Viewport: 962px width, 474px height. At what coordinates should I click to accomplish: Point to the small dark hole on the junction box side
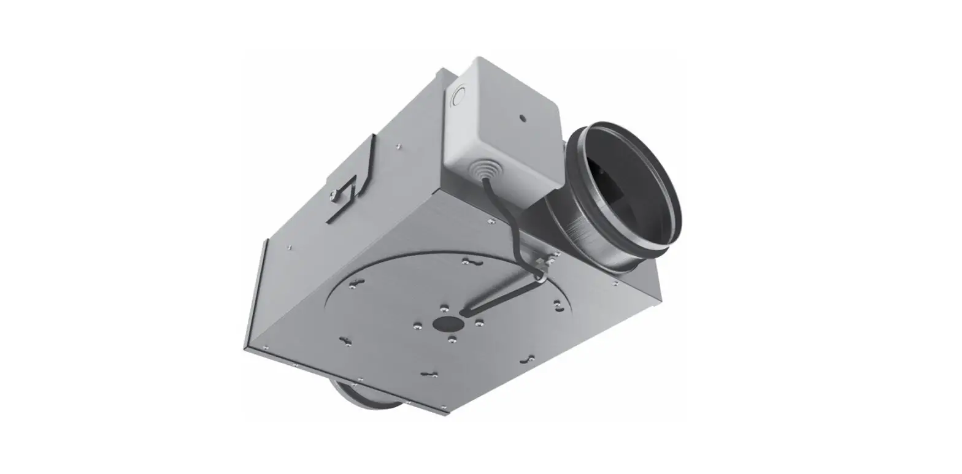(x=523, y=117)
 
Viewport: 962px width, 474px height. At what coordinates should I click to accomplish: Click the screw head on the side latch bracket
(x=334, y=195)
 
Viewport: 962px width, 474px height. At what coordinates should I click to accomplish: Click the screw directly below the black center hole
(x=452, y=339)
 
